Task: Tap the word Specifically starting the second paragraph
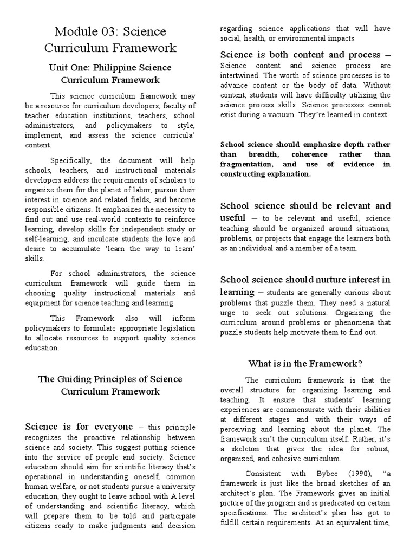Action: pos(72,160)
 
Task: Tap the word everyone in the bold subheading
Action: pos(110,427)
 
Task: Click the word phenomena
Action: pos(348,322)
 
